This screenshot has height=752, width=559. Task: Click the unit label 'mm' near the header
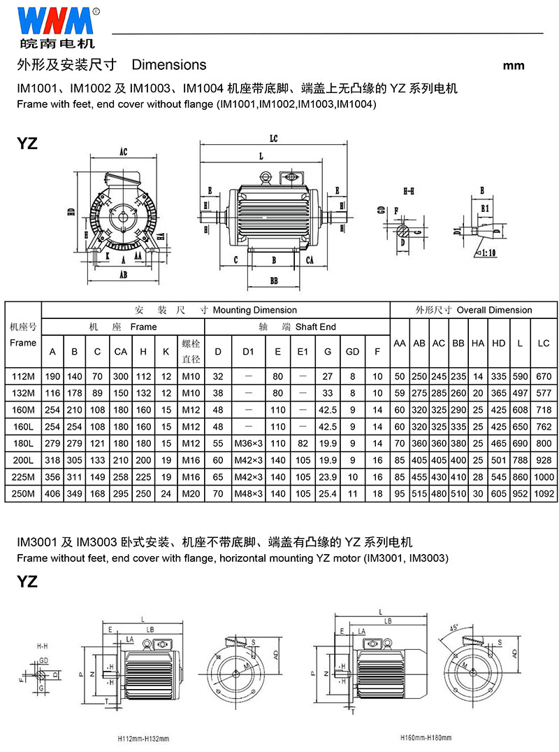tap(514, 66)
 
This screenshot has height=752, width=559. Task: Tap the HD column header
tap(498, 343)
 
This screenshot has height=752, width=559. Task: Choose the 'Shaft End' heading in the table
tap(315, 327)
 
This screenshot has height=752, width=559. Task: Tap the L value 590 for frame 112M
tap(521, 376)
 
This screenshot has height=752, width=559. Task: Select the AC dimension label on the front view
tap(123, 151)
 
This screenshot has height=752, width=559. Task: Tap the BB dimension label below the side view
tap(274, 281)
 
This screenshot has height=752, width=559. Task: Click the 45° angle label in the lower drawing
tap(454, 626)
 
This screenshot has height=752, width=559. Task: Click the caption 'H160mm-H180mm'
tap(426, 738)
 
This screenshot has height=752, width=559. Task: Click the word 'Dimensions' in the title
tap(169, 65)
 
